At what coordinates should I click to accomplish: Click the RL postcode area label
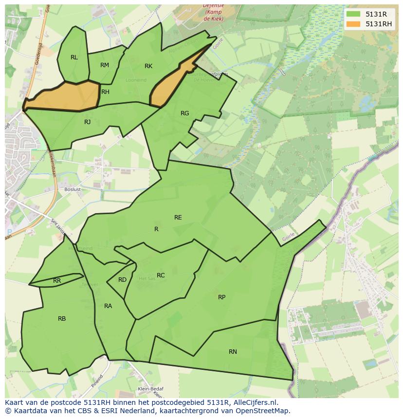coord(74,57)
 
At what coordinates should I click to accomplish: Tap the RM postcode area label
coord(105,65)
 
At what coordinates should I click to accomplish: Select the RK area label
coord(148,66)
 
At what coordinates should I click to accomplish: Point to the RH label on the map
coord(105,92)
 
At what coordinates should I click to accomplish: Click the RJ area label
coord(88,122)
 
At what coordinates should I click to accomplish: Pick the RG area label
coord(185,113)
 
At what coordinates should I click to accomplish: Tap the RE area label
coord(178,218)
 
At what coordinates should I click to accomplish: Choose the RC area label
coord(161,275)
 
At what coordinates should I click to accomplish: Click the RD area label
coord(122,280)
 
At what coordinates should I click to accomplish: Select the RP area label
coord(221,297)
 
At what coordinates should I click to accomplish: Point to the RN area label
coord(233,352)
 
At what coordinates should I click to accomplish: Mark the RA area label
coord(108,306)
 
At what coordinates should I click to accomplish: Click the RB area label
coord(62,319)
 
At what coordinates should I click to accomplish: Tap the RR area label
coord(57,281)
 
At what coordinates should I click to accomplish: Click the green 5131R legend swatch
coord(353,14)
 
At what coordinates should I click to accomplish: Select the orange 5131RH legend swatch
coord(353,24)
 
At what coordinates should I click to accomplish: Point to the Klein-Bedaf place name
coord(150,389)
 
